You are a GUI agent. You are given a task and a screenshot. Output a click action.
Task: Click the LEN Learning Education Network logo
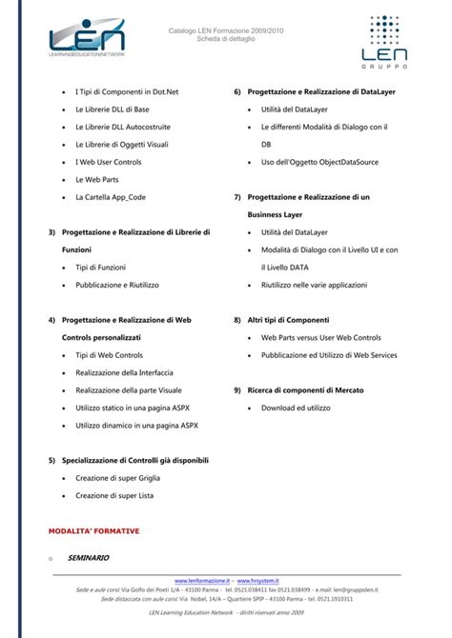tap(88, 41)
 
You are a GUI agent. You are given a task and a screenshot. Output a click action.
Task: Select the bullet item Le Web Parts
tap(95, 178)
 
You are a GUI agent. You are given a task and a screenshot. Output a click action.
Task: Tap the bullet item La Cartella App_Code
tap(110, 196)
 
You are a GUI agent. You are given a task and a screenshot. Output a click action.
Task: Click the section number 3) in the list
tap(51, 231)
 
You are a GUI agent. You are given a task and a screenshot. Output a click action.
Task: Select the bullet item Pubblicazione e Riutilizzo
tap(116, 285)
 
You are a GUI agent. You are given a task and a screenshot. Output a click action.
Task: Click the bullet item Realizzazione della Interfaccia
tap(124, 372)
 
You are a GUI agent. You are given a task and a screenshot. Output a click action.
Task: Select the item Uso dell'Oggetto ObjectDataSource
tap(319, 162)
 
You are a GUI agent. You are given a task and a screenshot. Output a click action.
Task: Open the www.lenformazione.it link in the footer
tap(203, 580)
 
